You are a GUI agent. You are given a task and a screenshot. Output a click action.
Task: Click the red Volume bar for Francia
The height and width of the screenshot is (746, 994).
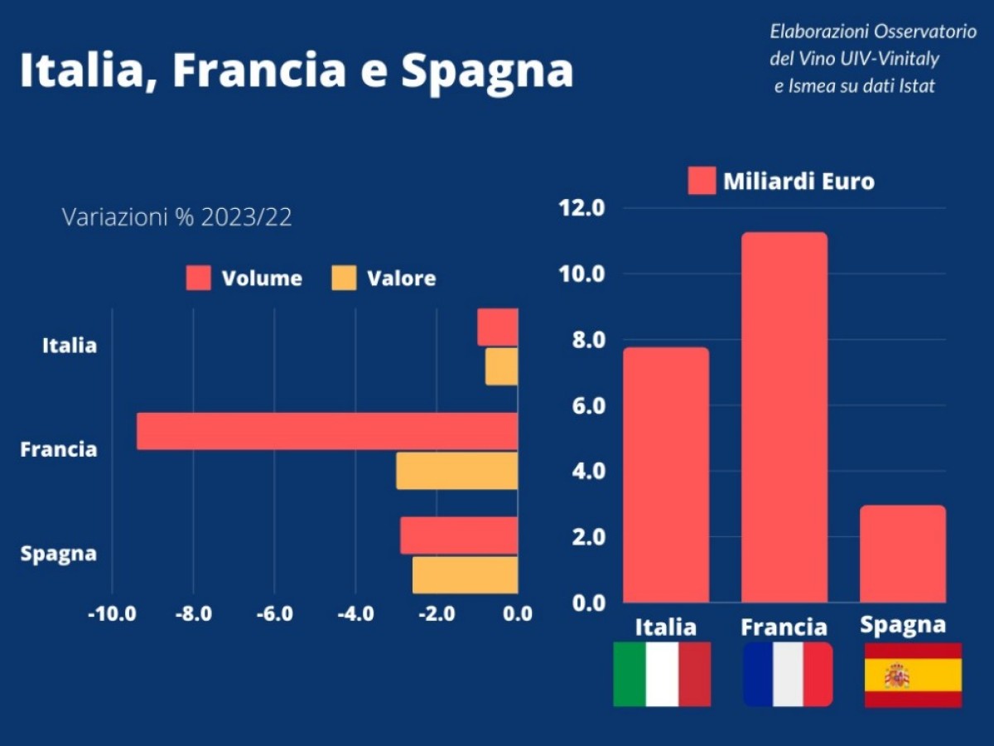[327, 431]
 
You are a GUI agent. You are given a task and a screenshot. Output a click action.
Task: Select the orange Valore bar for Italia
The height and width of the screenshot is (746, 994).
[502, 366]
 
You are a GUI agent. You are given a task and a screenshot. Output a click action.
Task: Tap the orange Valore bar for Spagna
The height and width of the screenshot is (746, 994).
[466, 574]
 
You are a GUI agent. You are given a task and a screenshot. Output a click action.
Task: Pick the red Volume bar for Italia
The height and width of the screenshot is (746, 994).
[498, 327]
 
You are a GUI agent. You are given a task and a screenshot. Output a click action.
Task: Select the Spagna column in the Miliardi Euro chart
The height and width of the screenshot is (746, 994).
[903, 554]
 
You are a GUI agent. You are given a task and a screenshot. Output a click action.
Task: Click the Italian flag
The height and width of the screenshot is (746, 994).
[662, 675]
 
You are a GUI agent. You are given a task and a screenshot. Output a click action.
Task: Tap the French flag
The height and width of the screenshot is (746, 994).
[788, 675]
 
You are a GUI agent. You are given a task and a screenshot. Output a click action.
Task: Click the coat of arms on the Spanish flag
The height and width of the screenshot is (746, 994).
[897, 676]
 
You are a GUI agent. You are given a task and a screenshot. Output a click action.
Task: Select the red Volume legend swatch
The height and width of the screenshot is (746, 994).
[199, 279]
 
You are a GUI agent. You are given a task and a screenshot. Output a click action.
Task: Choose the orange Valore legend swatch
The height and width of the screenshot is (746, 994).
[344, 279]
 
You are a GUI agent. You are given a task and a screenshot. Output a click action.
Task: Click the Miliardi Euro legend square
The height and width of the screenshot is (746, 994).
[702, 181]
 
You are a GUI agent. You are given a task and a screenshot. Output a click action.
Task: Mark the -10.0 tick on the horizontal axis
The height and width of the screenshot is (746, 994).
[112, 614]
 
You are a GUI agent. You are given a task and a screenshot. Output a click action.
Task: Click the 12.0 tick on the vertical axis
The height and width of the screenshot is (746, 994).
[583, 208]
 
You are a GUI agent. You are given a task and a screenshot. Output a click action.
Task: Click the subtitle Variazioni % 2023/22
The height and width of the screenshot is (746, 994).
[177, 217]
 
